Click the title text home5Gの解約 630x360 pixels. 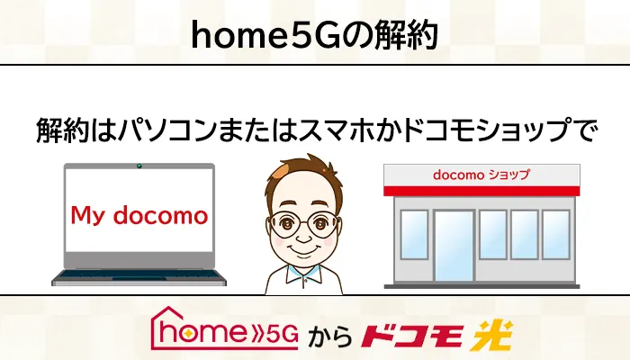[x=314, y=35]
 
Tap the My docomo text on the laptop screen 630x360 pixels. [x=139, y=215]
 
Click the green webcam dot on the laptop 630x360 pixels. [x=139, y=166]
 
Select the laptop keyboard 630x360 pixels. [x=139, y=274]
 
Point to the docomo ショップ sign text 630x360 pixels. [x=481, y=175]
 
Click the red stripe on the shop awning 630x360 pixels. [x=481, y=191]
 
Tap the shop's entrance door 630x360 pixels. [x=454, y=246]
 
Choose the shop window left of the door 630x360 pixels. [x=414, y=235]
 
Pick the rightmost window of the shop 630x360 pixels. [x=556, y=235]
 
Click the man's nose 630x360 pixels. [x=304, y=237]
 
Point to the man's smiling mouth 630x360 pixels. [x=304, y=251]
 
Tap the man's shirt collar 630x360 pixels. [x=304, y=274]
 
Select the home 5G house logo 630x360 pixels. [x=224, y=328]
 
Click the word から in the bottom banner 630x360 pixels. [x=330, y=337]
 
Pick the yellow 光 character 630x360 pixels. [x=492, y=335]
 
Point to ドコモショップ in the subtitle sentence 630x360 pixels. [x=486, y=130]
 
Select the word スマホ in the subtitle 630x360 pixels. [x=336, y=130]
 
